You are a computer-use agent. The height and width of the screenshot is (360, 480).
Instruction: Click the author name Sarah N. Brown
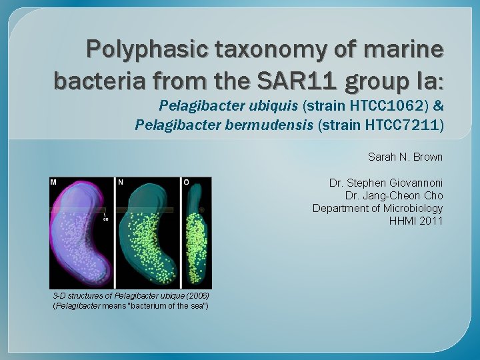coord(405,157)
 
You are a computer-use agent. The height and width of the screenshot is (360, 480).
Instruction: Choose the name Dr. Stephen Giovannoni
coord(386,183)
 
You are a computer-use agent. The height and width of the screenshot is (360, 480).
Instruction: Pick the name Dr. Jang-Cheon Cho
coord(394,195)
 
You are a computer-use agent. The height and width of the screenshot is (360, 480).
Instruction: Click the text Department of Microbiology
coord(378,208)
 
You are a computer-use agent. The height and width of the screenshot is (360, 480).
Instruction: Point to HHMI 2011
coord(416,221)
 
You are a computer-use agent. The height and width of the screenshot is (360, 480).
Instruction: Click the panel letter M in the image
coord(54,182)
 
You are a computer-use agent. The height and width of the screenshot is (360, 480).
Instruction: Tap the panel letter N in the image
coord(121,182)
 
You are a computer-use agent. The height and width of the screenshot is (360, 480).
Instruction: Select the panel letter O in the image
coord(186,182)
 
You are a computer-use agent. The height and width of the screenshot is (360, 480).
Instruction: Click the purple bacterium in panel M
coord(80,237)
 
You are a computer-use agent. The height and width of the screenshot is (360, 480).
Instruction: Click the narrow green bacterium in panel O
coord(196,233)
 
